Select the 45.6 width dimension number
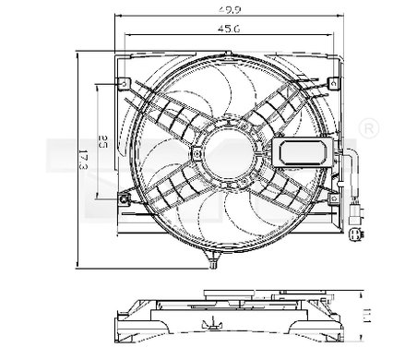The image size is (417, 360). coord(223,28)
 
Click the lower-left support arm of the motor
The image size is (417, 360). coord(172,189)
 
